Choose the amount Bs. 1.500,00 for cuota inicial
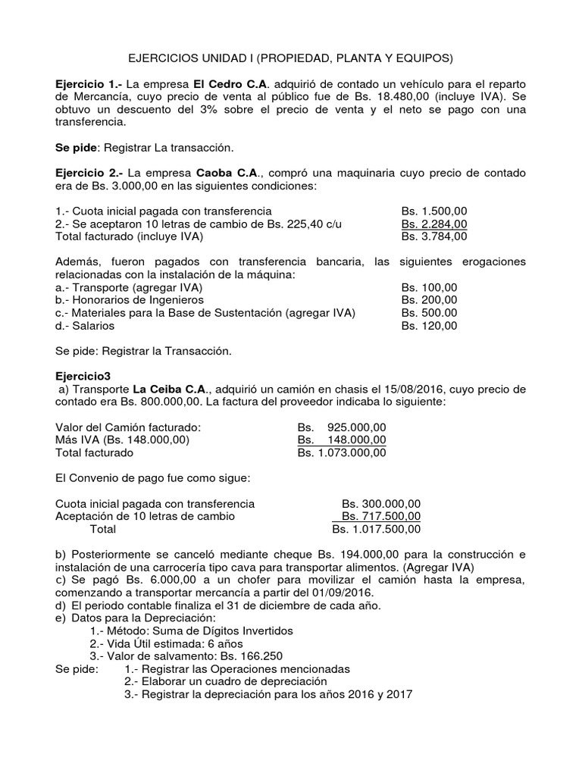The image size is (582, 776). pyautogui.click(x=434, y=211)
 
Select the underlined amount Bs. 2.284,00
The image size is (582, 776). pyautogui.click(x=434, y=224)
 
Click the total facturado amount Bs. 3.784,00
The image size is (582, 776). pyautogui.click(x=434, y=236)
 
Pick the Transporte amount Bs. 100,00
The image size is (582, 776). pyautogui.click(x=429, y=288)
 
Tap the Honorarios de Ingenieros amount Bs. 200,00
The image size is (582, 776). pyautogui.click(x=429, y=301)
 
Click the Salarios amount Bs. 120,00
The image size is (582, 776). pyautogui.click(x=429, y=326)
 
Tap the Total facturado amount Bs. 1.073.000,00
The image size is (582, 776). pyautogui.click(x=342, y=453)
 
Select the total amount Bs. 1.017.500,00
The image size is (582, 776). pyautogui.click(x=377, y=529)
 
